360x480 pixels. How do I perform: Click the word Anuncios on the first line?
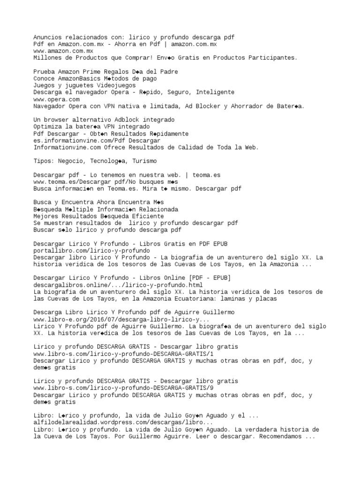[x=47, y=37]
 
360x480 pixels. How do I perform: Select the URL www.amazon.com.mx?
[x=63, y=51]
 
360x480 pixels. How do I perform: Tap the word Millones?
[x=47, y=58]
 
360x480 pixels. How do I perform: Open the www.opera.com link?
[x=57, y=99]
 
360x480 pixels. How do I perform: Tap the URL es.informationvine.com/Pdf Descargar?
[x=97, y=141]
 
